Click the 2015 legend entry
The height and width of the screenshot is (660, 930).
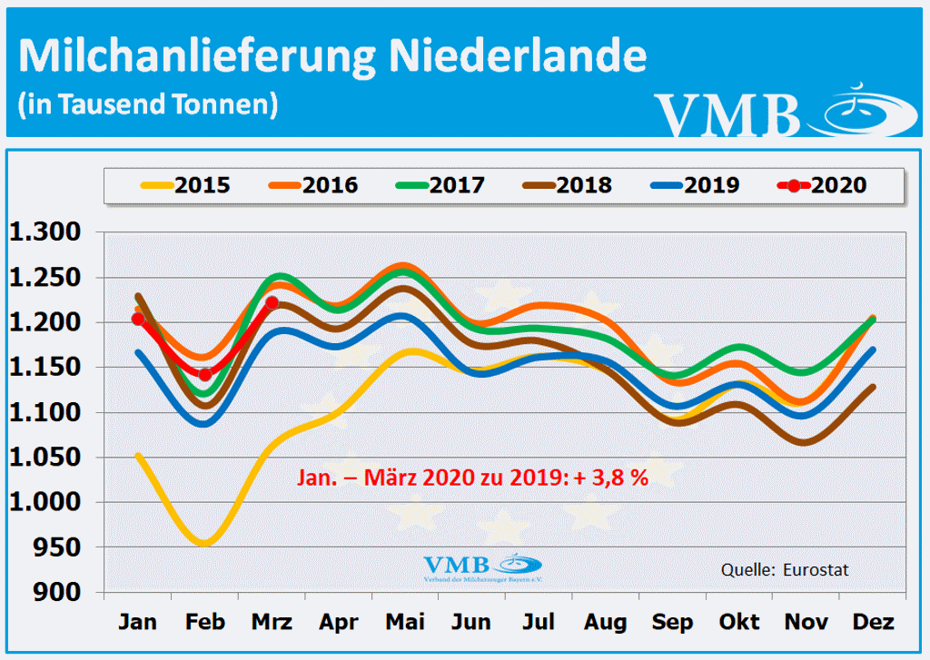tap(186, 186)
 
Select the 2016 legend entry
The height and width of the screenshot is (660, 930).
tap(313, 186)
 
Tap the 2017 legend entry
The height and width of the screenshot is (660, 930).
tap(440, 186)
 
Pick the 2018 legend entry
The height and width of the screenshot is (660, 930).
tap(568, 186)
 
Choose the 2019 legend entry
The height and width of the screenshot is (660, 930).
tap(695, 186)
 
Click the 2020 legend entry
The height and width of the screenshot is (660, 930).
tap(822, 186)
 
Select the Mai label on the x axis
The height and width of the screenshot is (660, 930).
tap(404, 623)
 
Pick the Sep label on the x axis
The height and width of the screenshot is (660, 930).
tap(673, 623)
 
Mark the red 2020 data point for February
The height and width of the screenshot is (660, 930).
tap(205, 374)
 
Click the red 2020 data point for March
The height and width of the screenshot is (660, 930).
tap(272, 303)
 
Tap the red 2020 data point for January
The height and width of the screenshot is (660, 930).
tap(138, 319)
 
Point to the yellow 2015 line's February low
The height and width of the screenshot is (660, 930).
tap(204, 543)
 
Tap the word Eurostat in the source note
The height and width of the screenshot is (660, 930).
tap(814, 570)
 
